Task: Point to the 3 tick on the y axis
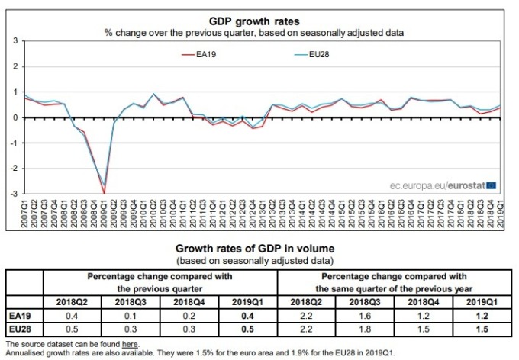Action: [15, 40]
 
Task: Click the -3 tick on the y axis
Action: [14, 194]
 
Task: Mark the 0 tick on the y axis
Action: [15, 117]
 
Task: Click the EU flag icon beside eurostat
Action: [491, 184]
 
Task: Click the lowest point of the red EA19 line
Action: [104, 192]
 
